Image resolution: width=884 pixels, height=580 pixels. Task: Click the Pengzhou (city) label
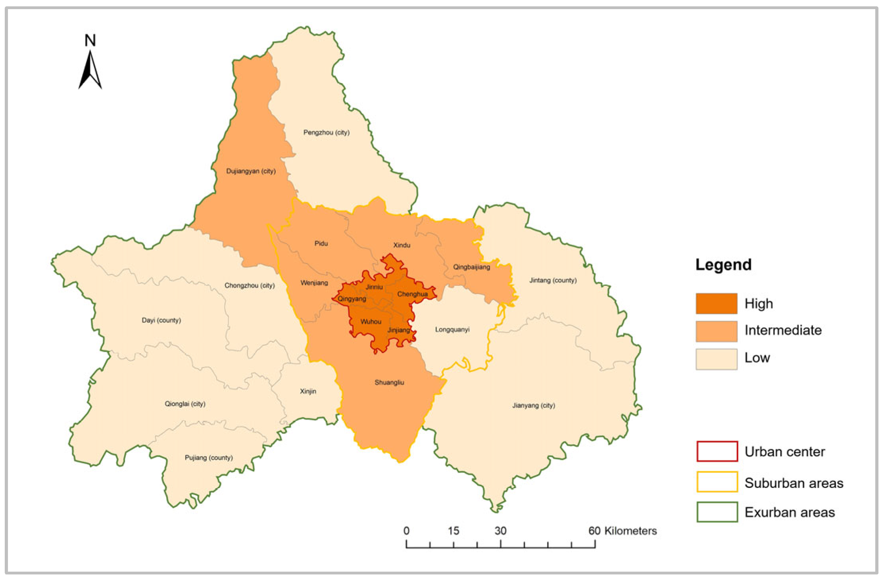(x=326, y=132)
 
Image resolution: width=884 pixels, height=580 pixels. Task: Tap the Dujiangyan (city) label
(x=251, y=171)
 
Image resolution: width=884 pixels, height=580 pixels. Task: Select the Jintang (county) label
(x=553, y=280)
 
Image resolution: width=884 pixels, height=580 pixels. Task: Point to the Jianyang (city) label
(x=533, y=405)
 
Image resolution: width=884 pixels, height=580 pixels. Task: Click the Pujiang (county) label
(x=209, y=458)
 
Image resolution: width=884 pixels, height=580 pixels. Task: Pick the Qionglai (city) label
(x=185, y=404)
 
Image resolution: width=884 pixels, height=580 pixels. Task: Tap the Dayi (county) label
(x=161, y=320)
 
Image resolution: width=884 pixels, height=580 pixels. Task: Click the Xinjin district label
(x=308, y=391)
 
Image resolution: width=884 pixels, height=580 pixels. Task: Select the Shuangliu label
(x=389, y=382)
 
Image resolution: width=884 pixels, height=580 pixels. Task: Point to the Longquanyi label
(x=452, y=330)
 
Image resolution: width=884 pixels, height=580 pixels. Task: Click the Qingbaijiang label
(x=471, y=267)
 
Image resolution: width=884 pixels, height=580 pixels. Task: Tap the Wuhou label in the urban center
(x=371, y=322)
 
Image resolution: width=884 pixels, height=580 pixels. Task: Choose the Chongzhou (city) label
(x=249, y=285)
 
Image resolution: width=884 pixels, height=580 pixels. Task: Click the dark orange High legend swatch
(x=716, y=304)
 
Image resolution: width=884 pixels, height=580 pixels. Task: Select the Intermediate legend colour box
(x=716, y=331)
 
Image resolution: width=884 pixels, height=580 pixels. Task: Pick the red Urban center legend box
(x=717, y=451)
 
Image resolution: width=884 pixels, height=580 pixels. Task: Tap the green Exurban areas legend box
(x=717, y=512)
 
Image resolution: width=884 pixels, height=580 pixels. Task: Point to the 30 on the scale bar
(x=500, y=531)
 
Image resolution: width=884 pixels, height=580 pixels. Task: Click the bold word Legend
(x=723, y=265)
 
